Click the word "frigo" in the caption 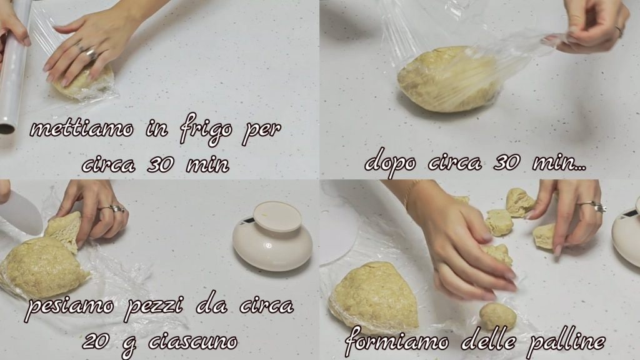(206, 130)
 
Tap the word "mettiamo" (82, 129)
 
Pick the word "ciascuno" (192, 342)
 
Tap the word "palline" (566, 341)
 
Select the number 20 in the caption (97, 341)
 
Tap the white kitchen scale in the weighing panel (272, 237)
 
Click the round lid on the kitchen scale (277, 216)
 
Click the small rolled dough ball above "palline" (497, 316)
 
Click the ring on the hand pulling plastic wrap (619, 31)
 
